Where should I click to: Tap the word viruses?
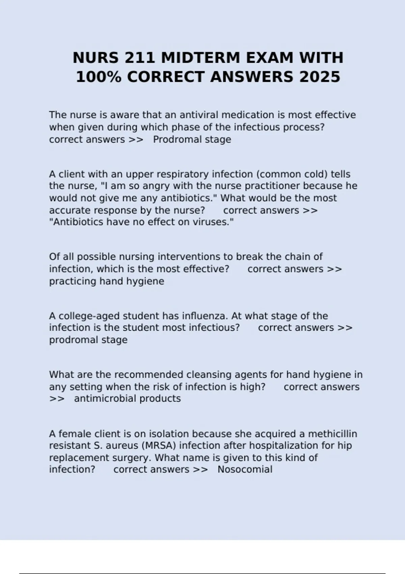coord(213,222)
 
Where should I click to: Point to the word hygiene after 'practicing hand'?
coord(145,281)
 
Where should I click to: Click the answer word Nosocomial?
coord(245,469)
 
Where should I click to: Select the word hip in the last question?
coord(345,446)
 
